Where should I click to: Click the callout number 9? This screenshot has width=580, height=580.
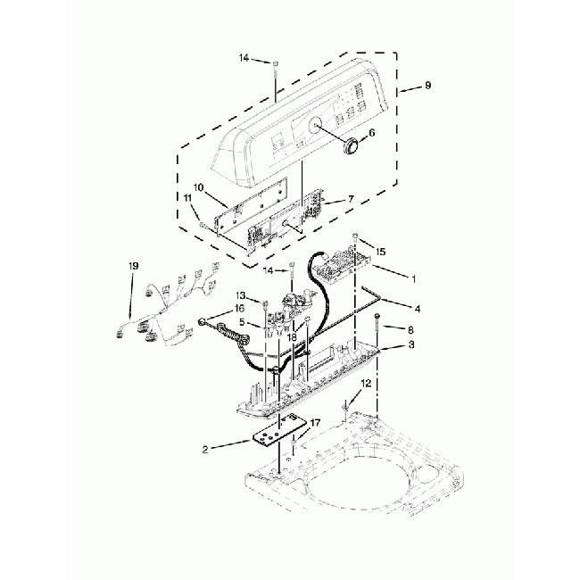(427, 85)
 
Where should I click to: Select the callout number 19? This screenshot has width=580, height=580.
(134, 266)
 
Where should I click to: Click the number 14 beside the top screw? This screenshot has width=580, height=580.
(244, 58)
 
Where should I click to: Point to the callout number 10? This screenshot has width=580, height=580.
(199, 187)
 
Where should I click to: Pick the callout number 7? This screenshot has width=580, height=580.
(351, 199)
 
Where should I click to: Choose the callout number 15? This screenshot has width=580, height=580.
(380, 252)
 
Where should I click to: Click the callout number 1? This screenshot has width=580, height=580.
(414, 278)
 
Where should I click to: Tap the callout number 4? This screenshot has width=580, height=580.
(418, 308)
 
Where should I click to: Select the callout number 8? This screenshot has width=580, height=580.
(410, 329)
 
